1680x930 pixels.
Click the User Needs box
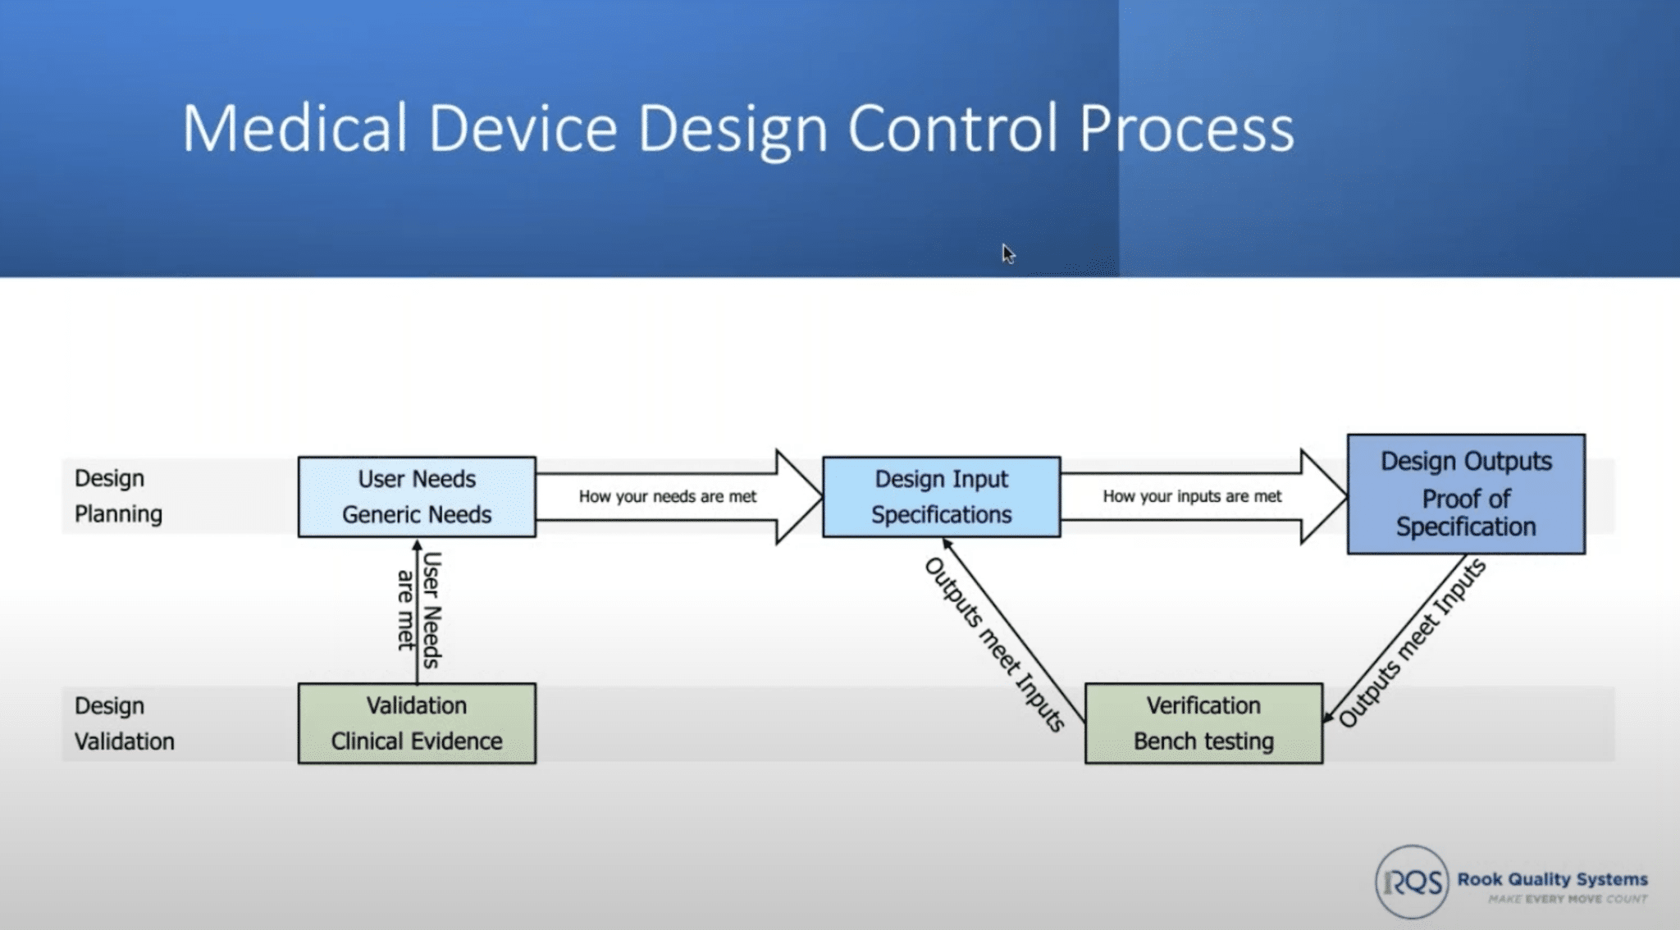tap(417, 497)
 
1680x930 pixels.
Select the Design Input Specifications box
tap(941, 497)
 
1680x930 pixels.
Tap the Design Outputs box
tap(1466, 494)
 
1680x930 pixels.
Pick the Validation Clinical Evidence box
tap(417, 723)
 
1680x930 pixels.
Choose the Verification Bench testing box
tap(1203, 723)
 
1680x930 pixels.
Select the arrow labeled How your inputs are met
tap(1203, 496)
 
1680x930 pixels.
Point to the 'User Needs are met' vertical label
tap(419, 610)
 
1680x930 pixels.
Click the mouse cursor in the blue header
tap(1008, 254)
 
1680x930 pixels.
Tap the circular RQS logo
tap(1412, 882)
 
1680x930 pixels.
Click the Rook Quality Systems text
tap(1552, 879)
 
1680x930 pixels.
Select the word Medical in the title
tap(294, 128)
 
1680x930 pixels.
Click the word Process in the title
tap(1186, 130)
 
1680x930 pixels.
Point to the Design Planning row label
tap(118, 496)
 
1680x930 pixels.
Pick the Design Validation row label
tap(124, 723)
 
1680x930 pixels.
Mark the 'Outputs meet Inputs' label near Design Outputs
tap(1413, 644)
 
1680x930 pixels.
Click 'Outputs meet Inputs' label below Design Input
tap(995, 645)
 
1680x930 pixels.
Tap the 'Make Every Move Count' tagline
tap(1568, 900)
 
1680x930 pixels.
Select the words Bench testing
tap(1203, 741)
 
